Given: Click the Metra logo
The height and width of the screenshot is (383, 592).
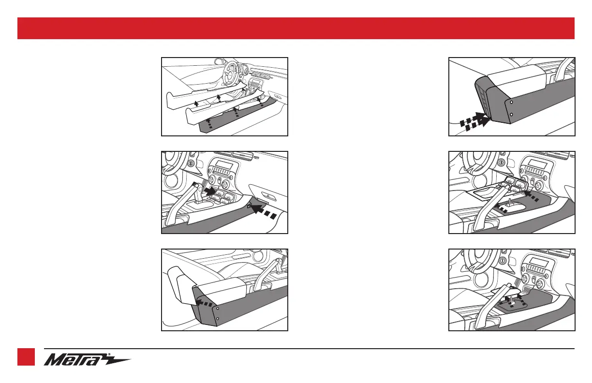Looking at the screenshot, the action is pos(87,359).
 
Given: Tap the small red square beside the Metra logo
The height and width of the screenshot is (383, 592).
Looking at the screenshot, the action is pos(26,357).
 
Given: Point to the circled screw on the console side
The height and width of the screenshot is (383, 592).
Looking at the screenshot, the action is pos(249,205).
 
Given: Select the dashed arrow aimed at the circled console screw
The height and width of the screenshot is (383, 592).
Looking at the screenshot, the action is pos(264,211).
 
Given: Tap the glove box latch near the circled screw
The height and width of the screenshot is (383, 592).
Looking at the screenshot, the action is pos(268,196).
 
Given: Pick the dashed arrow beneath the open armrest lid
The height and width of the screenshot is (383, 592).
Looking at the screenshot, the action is pos(204,303).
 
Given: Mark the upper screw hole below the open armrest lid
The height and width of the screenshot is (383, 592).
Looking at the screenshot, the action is pos(217,308).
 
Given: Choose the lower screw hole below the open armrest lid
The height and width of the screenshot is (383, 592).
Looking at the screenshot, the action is pos(217,319).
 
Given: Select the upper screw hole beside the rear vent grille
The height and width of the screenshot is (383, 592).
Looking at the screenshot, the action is pos(511,102).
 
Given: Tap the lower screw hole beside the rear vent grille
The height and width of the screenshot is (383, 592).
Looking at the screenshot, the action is pos(511,115).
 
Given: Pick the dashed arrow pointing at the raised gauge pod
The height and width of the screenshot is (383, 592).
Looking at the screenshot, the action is pos(531,197).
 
